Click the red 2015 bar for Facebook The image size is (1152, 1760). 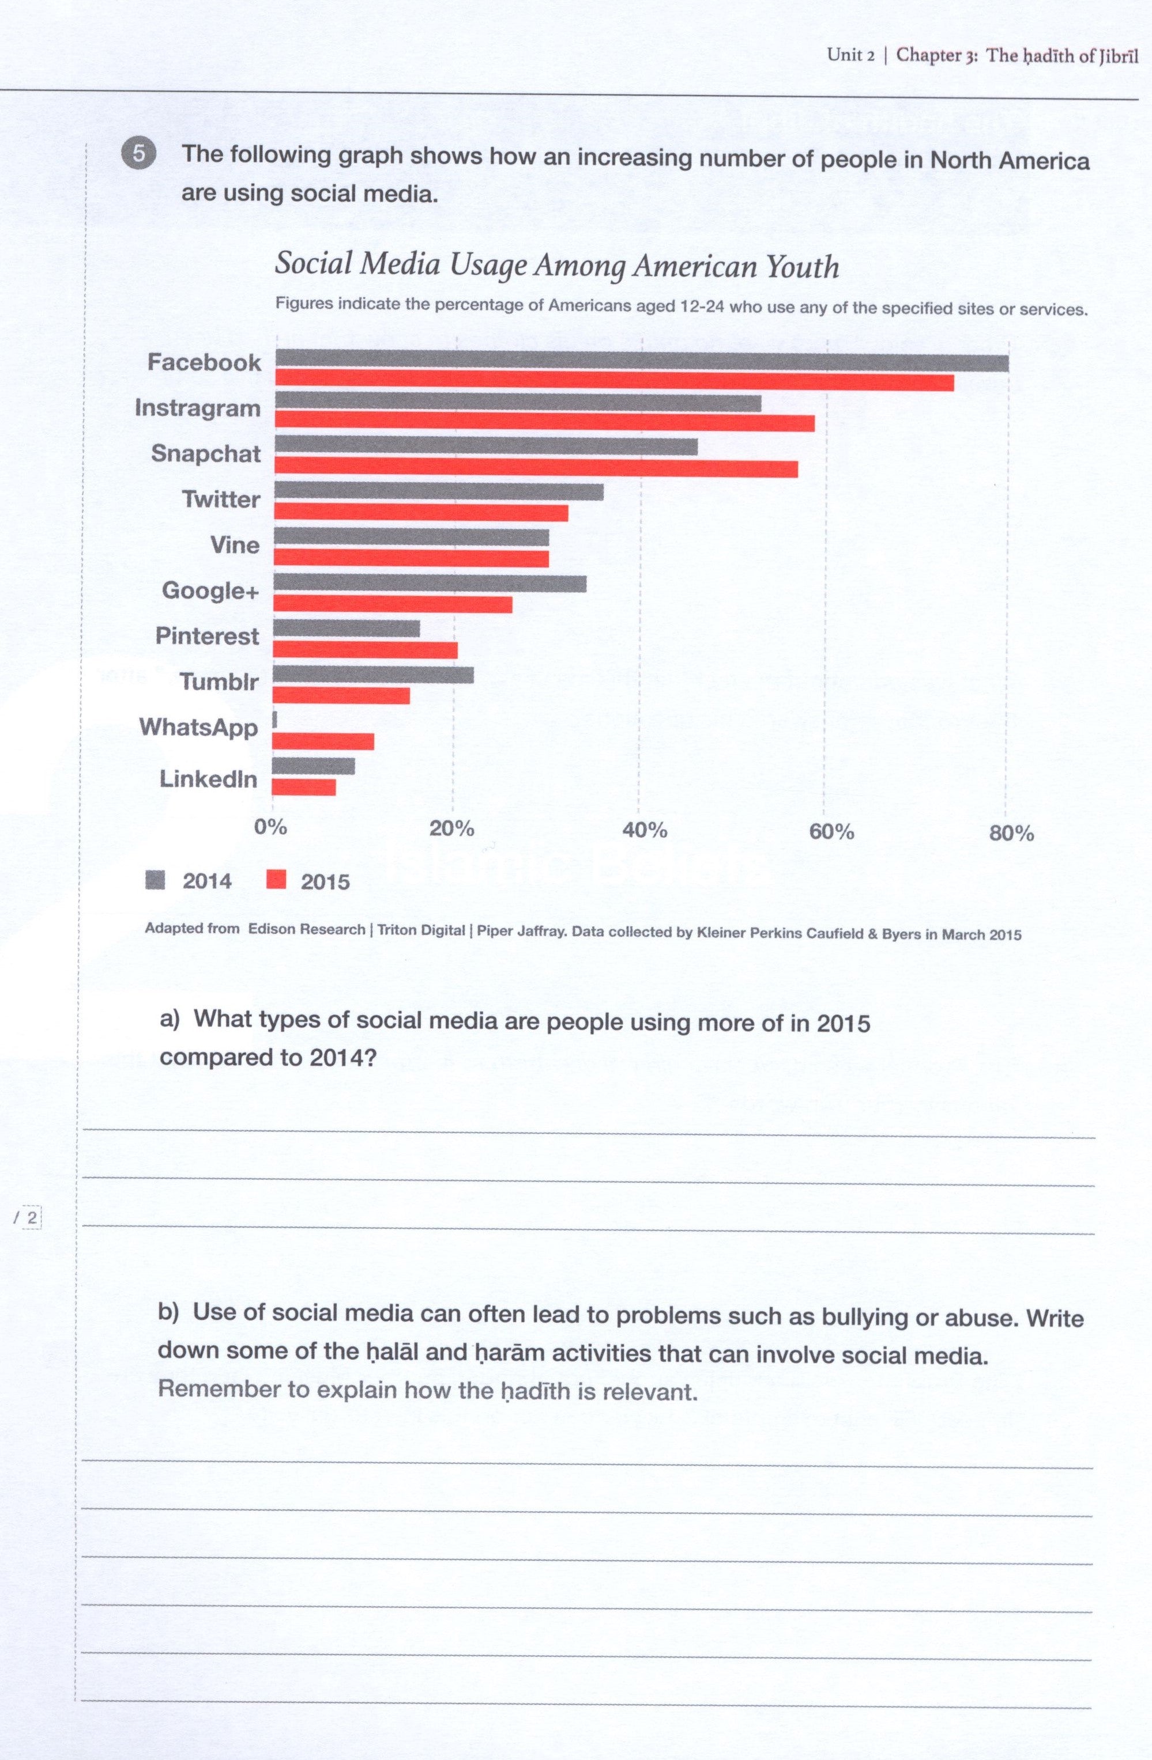tap(614, 383)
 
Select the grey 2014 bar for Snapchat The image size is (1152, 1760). tap(485, 446)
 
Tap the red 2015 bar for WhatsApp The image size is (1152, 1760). tap(323, 741)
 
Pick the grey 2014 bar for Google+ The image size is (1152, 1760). tap(430, 584)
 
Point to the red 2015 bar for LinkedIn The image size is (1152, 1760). tap(304, 787)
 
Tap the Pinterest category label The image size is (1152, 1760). tap(207, 636)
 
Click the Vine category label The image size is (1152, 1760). tap(235, 545)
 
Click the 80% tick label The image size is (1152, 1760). tap(1011, 834)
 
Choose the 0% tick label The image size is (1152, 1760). tap(270, 827)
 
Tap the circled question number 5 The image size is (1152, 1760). tap(138, 154)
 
